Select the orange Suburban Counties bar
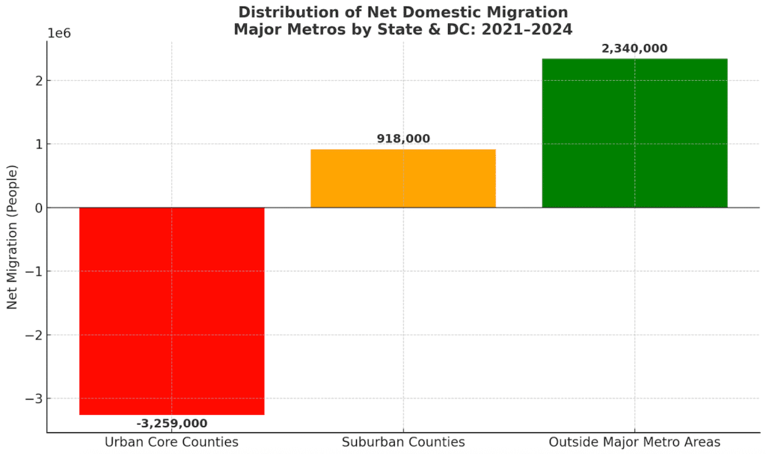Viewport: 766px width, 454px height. click(402, 178)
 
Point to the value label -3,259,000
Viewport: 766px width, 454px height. click(171, 423)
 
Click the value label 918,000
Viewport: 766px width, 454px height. click(403, 139)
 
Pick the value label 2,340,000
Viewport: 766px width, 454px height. click(634, 49)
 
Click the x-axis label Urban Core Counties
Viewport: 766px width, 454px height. click(171, 442)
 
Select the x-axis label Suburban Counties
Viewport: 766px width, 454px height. click(402, 442)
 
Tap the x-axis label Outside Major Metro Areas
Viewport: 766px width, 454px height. click(634, 442)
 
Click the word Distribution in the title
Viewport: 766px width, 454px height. click(281, 13)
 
